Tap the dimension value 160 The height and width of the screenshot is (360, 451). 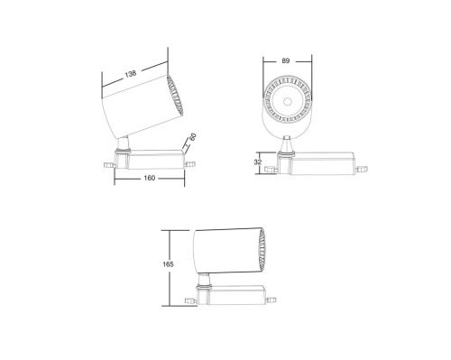150,178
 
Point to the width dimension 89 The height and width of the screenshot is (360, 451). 287,61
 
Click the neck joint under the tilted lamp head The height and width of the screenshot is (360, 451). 122,143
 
